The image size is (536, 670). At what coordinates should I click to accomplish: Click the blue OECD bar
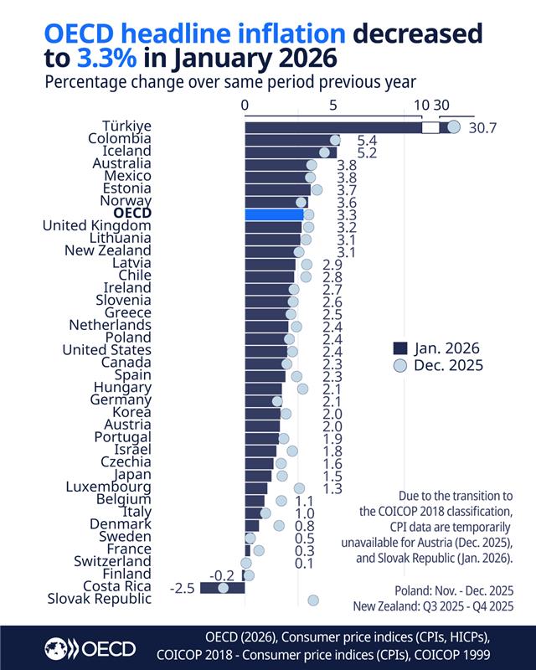274,214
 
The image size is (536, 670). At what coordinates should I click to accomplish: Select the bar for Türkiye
335,127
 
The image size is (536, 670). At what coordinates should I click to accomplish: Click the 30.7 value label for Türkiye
483,128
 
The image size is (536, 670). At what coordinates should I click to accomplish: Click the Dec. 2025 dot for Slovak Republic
313,600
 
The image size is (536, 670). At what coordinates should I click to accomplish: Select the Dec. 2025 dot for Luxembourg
299,487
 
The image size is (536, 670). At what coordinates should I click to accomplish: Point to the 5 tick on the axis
333,106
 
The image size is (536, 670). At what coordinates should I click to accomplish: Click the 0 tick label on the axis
245,106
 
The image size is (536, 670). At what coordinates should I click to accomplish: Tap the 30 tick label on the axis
441,106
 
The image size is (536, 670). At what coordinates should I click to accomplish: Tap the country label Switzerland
112,561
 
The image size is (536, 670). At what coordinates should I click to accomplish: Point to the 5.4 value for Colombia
368,140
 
